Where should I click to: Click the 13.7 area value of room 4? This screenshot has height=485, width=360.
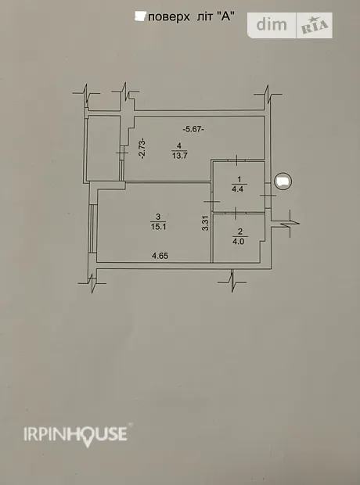point(179,156)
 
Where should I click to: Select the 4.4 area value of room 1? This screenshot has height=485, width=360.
point(237,189)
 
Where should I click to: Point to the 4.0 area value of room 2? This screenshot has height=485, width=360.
point(239,241)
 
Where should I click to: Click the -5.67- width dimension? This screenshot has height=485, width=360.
point(193,129)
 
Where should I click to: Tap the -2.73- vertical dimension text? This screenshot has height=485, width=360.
point(142,149)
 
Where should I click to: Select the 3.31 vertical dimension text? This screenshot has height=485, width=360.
point(206,223)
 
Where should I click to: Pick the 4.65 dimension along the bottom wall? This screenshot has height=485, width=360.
point(160,256)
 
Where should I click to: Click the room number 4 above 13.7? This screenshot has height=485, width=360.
point(179,145)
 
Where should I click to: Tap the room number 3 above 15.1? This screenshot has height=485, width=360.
point(159,216)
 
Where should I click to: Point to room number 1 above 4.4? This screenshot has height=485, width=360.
point(239,179)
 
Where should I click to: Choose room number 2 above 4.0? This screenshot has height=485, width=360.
point(240,232)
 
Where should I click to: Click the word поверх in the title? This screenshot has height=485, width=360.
point(169,17)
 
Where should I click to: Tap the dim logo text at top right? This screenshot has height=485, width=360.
point(272,24)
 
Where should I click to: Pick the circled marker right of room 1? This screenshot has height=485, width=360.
point(283,181)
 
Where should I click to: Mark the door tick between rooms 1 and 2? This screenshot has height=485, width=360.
point(236,213)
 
